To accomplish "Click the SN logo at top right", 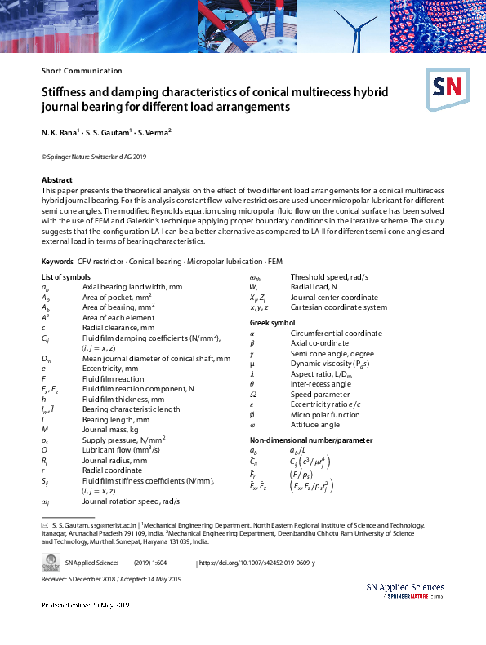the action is pyautogui.click(x=444, y=87).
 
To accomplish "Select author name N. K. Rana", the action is pyautogui.click(x=60, y=131).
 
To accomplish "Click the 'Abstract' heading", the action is pyautogui.click(x=57, y=179).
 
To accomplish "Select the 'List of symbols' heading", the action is pyautogui.click(x=66, y=277).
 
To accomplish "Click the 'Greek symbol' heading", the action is pyautogui.click(x=273, y=324).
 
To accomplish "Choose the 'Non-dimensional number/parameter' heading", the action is pyautogui.click(x=301, y=440).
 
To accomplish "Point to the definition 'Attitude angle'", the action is pyautogui.click(x=314, y=425).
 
